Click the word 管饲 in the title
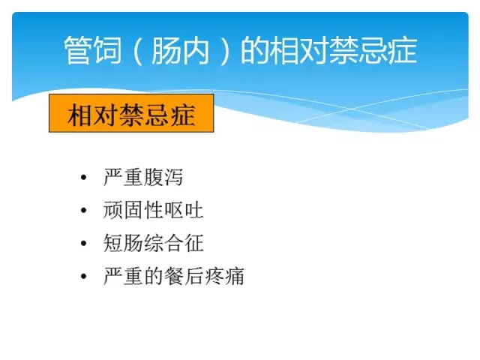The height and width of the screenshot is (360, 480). (93, 50)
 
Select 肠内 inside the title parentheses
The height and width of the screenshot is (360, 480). (180, 50)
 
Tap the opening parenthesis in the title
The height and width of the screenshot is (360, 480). (138, 50)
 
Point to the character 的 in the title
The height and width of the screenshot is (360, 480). (254, 50)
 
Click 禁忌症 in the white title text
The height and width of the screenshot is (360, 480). (373, 50)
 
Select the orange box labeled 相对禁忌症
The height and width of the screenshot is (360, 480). (131, 113)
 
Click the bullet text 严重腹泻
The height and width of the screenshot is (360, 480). (143, 177)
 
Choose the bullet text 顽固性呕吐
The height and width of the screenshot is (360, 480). (153, 210)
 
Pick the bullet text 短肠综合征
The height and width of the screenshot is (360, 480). (153, 243)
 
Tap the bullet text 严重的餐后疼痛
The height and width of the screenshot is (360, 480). (173, 276)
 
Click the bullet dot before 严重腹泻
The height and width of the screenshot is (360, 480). (83, 177)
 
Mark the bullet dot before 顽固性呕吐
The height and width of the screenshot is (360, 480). (83, 210)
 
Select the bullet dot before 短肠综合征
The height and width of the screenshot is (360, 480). (83, 243)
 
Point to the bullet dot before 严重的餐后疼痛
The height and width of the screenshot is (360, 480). (83, 276)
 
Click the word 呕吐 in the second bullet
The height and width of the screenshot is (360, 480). (184, 210)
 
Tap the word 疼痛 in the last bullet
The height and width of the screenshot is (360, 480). (224, 276)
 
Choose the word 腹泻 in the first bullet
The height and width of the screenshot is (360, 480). (163, 177)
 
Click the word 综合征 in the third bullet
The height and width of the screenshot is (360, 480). (173, 243)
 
